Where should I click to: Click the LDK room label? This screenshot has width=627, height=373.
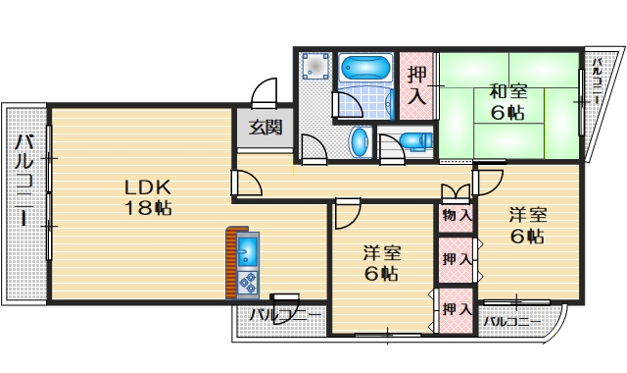[148, 186]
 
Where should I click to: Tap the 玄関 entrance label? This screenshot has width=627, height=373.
[265, 127]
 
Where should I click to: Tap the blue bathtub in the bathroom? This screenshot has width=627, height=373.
[364, 71]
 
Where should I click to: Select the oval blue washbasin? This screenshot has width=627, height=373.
[361, 141]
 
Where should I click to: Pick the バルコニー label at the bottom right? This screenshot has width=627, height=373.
[508, 321]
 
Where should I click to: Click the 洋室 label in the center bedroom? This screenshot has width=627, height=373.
[382, 251]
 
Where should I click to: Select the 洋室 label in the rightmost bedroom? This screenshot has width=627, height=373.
[527, 214]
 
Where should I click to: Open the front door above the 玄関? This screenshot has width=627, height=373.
[265, 95]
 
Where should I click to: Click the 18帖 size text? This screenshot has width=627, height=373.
[148, 208]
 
